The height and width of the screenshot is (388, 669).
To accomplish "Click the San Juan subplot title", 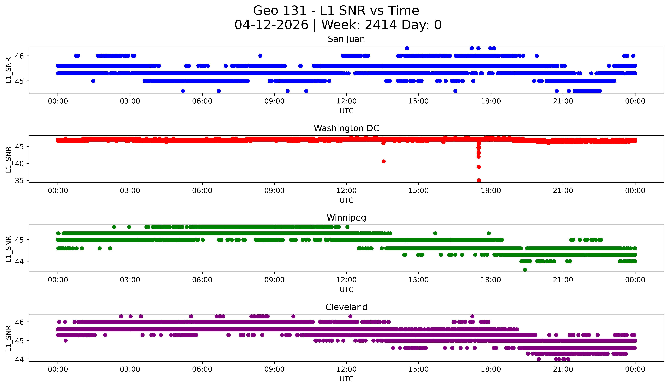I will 346,39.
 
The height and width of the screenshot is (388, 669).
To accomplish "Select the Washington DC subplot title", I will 346,128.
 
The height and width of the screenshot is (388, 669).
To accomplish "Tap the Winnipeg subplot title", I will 346,218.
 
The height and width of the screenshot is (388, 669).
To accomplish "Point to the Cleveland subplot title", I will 346,307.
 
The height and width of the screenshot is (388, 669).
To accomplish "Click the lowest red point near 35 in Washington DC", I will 479,180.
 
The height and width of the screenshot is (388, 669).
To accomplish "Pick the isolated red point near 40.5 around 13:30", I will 383,161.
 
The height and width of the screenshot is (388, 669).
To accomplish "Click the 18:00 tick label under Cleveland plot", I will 491,369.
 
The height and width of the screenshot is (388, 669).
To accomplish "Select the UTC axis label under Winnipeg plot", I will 346,290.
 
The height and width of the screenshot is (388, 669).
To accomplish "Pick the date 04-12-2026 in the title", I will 271,25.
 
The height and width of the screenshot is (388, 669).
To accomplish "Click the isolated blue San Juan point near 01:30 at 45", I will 93,81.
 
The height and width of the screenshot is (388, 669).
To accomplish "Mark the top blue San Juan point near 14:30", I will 407,48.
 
